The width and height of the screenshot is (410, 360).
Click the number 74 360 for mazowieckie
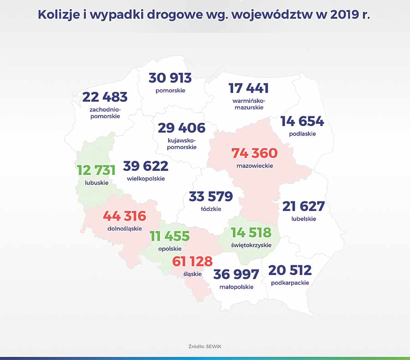click(254, 153)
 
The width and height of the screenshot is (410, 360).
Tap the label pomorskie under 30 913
click(170, 90)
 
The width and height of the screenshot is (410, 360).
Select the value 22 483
click(105, 97)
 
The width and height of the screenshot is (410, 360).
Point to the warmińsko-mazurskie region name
click(248, 103)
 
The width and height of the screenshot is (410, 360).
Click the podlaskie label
click(302, 134)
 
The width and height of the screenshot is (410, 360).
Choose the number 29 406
click(181, 128)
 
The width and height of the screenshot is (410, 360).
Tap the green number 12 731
click(96, 170)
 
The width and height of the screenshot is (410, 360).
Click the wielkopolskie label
click(146, 179)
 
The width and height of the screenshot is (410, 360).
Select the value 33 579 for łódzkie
click(210, 196)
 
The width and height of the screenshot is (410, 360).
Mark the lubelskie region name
click(303, 219)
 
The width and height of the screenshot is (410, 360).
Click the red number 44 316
click(124, 216)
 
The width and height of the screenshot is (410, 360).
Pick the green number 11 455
click(170, 236)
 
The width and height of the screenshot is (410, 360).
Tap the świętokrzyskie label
click(251, 245)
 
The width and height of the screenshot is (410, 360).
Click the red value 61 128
click(192, 261)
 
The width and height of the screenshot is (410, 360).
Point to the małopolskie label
click(236, 287)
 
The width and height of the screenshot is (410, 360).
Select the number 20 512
click(290, 270)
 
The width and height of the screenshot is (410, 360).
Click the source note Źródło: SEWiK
click(205, 346)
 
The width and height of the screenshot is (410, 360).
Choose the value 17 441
click(248, 88)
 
